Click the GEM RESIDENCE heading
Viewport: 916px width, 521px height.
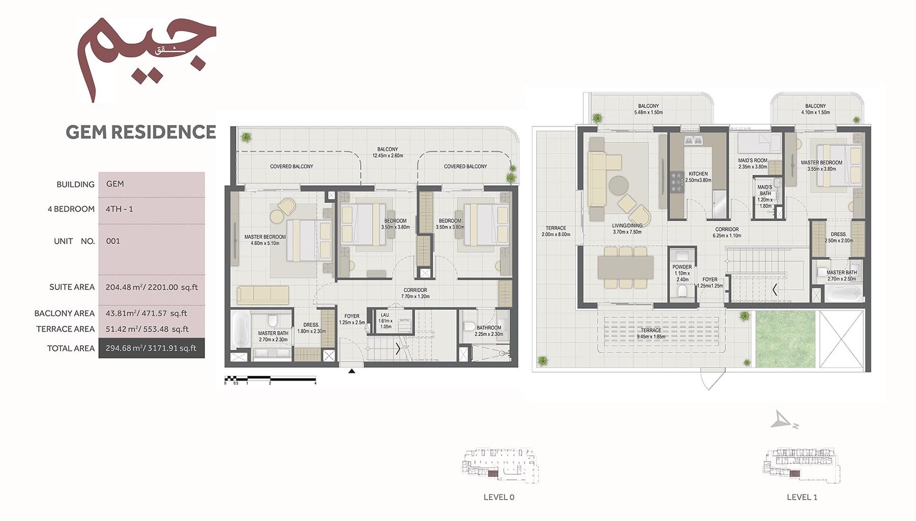141,132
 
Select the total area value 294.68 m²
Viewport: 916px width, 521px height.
151,349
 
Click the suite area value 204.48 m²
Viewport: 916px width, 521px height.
152,287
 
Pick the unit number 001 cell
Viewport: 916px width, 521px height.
113,241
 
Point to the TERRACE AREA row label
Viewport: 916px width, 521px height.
65,329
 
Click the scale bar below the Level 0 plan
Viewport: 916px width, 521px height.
270,379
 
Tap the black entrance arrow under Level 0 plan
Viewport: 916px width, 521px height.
351,371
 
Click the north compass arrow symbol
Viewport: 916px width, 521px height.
783,420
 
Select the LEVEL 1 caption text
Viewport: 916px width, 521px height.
801,497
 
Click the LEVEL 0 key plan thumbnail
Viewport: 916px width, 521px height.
499,465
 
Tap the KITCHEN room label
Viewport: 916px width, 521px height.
698,174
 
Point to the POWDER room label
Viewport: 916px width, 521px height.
682,267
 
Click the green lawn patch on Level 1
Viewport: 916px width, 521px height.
785,339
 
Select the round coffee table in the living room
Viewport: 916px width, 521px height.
618,185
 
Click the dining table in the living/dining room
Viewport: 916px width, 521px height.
625,268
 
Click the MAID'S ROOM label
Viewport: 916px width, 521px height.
753,161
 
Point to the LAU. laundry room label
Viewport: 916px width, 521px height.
385,315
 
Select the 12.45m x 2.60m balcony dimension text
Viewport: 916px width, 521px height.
388,156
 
